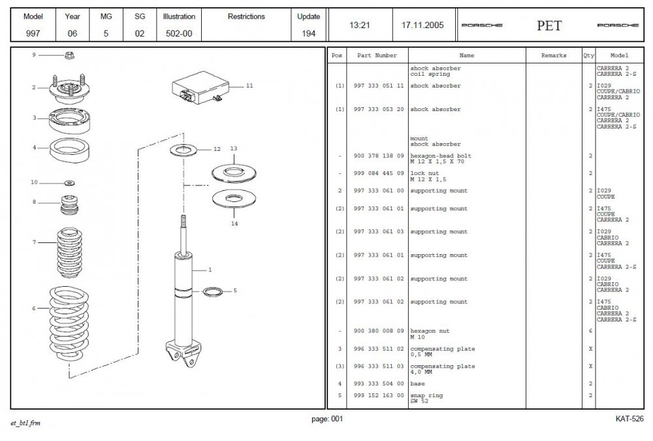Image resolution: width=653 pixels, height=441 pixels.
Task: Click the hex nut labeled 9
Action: tap(70, 55)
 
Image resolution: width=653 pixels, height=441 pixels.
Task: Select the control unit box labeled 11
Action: tap(200, 88)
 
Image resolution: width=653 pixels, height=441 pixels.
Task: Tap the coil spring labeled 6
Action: tap(69, 323)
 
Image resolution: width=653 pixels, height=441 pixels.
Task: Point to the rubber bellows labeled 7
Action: tap(70, 252)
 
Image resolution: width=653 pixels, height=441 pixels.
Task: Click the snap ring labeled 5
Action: tap(213, 291)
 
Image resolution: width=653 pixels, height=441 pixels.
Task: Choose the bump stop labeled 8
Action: tap(70, 204)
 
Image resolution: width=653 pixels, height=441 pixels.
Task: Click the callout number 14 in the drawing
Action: tap(234, 224)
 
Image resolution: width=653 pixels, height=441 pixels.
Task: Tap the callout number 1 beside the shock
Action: tap(210, 270)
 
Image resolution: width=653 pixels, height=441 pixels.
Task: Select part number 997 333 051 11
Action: tap(379, 86)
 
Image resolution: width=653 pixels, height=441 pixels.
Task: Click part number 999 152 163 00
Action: tap(379, 395)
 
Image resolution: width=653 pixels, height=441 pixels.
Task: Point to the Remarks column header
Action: tap(554, 56)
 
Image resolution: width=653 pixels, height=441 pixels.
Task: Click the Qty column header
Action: tap(589, 56)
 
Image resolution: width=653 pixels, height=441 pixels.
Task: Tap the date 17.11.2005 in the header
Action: tap(422, 25)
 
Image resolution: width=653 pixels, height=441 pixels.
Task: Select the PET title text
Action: tap(549, 25)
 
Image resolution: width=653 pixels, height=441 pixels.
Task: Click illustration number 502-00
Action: tap(179, 34)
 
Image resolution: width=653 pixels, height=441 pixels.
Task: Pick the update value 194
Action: tap(309, 34)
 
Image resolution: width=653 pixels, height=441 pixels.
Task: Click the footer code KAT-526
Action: tap(629, 419)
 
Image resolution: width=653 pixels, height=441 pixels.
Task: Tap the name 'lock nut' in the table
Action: tap(425, 173)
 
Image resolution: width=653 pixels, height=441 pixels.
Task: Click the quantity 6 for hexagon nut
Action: tap(590, 331)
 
